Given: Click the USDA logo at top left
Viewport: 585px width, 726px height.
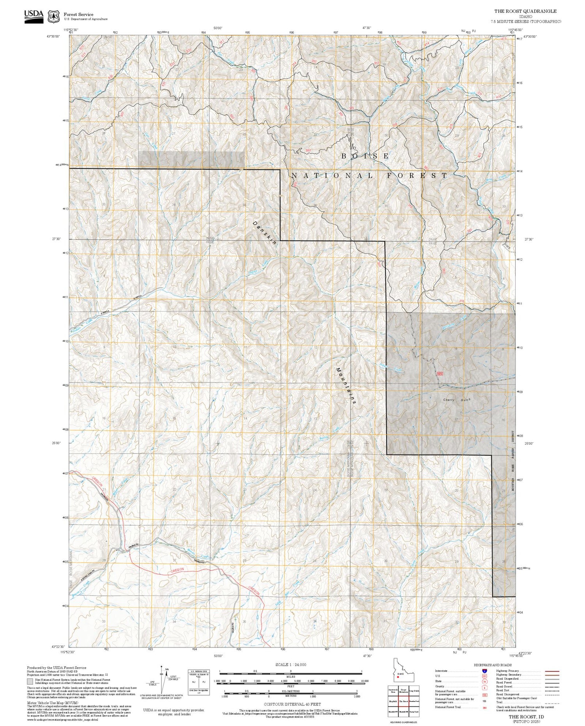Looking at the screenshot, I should click(34, 16).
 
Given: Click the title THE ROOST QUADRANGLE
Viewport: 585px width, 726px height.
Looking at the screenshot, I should click(525, 11).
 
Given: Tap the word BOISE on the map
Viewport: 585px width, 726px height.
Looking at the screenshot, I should click(365, 156).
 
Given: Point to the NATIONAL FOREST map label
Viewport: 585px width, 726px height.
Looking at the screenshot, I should click(369, 176).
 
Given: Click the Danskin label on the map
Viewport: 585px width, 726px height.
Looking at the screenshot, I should click(264, 233).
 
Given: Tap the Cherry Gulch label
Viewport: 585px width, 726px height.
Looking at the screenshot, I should click(457, 400).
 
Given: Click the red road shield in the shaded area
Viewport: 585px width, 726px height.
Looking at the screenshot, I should click(440, 374).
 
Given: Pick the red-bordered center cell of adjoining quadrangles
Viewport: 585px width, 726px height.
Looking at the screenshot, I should click(403, 701).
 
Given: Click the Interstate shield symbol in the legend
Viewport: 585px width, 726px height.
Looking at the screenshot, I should click(484, 671).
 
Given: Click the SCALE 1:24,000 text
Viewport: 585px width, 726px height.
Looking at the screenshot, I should click(291, 665).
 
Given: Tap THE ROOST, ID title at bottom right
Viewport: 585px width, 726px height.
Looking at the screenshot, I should click(526, 717).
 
